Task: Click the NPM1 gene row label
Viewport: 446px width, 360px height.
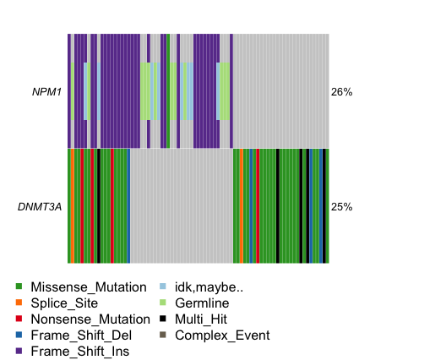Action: click(48, 91)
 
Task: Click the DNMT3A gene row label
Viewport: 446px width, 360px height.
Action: click(40, 206)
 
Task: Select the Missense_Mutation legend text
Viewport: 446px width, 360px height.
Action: click(89, 287)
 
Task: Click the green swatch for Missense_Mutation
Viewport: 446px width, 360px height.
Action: click(20, 287)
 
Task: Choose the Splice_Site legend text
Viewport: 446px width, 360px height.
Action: click(64, 303)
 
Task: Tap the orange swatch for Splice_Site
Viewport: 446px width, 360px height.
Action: click(20, 303)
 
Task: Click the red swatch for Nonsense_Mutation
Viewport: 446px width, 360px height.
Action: click(20, 319)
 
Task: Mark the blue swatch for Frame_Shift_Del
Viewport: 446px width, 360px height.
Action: click(20, 335)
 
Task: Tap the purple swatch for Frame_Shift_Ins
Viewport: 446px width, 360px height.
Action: click(20, 352)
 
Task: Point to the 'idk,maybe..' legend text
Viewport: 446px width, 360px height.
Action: click(209, 287)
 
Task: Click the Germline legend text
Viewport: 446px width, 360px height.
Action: click(201, 303)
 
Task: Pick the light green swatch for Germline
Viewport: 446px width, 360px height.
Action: click(164, 303)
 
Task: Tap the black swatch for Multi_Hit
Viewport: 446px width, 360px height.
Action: click(164, 319)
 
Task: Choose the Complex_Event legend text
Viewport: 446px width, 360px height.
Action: click(222, 335)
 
